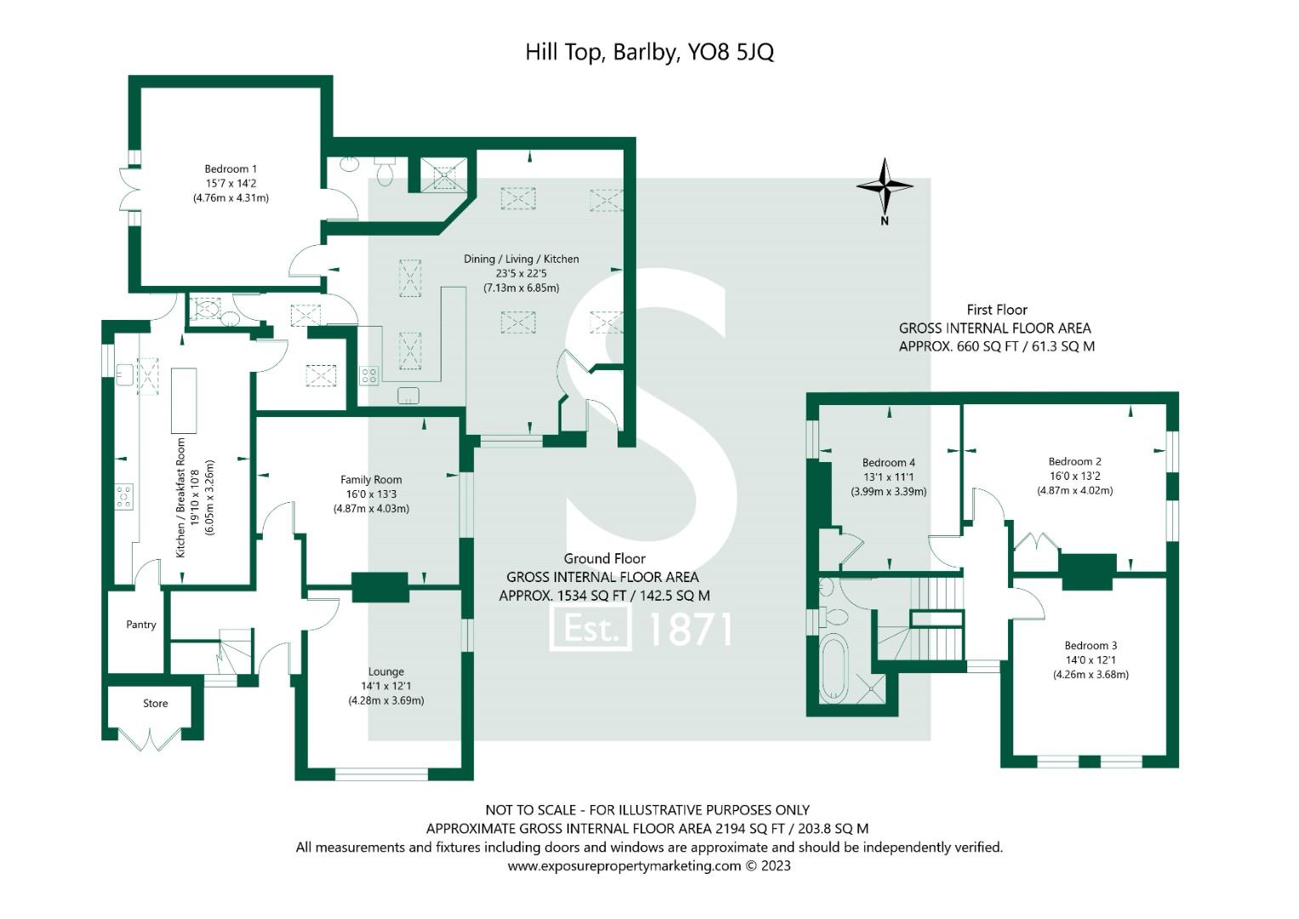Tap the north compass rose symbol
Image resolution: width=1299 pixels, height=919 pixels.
(x=885, y=186)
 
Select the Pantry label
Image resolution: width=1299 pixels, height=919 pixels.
(x=141, y=625)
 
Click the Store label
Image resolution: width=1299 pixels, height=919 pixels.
(x=155, y=704)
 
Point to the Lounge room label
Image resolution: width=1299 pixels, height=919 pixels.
(x=385, y=671)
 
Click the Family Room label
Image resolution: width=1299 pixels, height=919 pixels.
(x=371, y=480)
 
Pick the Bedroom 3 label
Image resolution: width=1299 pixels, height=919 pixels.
(x=1091, y=646)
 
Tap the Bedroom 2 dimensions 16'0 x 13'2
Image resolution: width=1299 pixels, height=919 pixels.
(x=1074, y=477)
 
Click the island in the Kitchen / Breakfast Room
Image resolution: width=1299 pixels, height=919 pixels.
(x=184, y=400)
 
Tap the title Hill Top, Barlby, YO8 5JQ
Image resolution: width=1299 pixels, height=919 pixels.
(x=649, y=53)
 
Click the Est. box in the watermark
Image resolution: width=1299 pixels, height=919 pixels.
(x=591, y=629)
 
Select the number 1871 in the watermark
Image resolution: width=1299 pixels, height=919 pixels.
(x=690, y=630)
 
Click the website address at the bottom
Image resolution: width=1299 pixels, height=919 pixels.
(x=649, y=866)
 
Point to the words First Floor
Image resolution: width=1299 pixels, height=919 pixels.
(x=996, y=310)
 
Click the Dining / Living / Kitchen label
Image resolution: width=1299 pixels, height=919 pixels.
(x=521, y=259)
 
